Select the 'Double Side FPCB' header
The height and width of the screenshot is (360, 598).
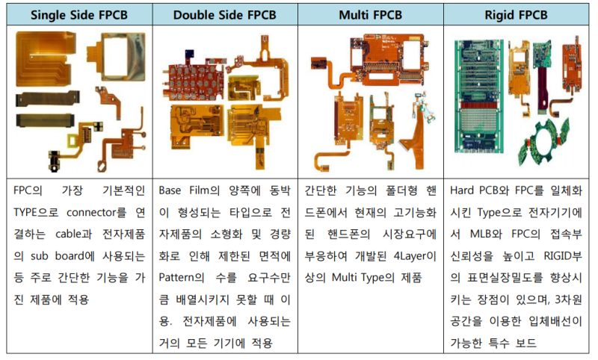point(224,13)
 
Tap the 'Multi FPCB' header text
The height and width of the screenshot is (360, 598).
point(372,13)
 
